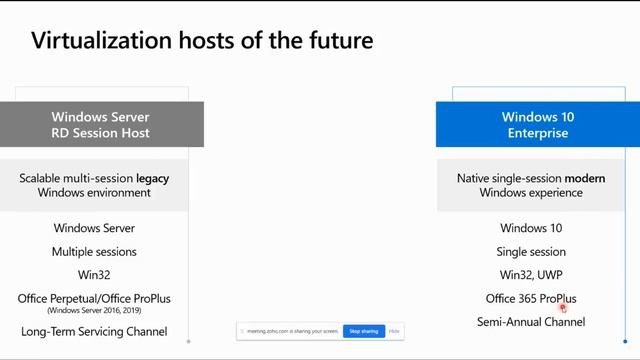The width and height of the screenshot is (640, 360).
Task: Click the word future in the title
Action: [340, 41]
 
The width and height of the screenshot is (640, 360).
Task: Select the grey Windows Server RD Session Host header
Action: [101, 125]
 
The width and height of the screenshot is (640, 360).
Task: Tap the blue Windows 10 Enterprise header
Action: [537, 125]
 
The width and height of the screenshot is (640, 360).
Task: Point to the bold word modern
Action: [585, 178]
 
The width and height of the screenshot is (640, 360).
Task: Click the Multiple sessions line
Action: [94, 252]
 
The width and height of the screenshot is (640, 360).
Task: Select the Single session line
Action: [531, 252]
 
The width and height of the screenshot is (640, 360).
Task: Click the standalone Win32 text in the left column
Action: [94, 275]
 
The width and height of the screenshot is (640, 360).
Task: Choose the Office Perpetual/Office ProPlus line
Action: [94, 298]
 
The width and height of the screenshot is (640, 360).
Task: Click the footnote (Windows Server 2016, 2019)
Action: [94, 310]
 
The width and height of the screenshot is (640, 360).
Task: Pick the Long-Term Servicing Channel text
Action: [94, 331]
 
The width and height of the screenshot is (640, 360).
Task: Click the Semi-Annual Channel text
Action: [531, 322]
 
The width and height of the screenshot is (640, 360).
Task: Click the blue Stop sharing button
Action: [363, 331]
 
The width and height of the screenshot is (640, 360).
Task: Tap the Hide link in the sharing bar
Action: [395, 331]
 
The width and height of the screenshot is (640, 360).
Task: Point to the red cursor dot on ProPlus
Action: [564, 308]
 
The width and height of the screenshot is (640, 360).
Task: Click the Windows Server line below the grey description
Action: [94, 228]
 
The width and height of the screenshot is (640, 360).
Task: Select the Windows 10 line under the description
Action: [531, 228]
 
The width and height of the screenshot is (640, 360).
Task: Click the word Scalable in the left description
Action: [43, 178]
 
